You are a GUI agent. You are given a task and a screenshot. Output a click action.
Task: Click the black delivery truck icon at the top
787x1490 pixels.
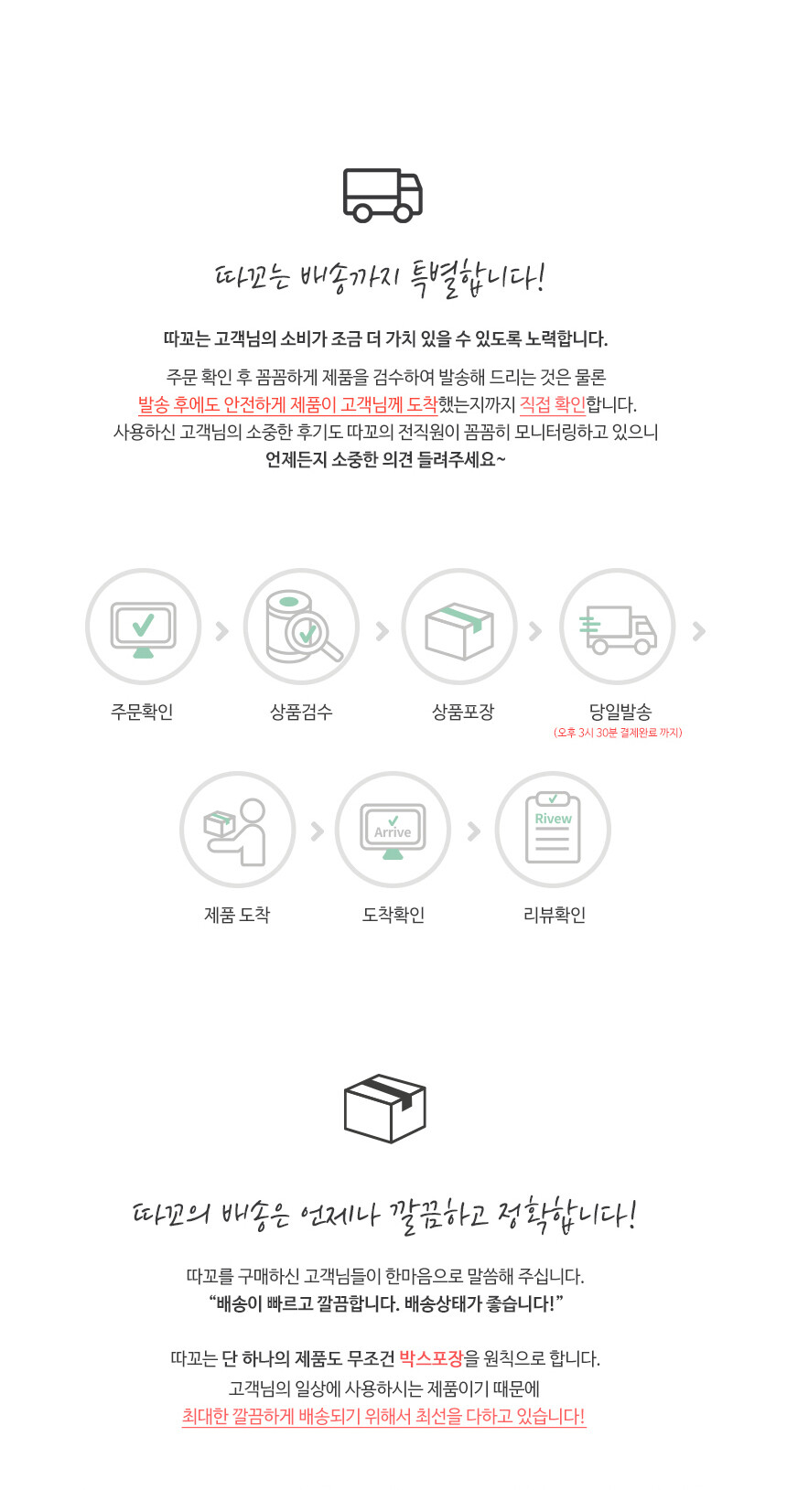[x=383, y=195]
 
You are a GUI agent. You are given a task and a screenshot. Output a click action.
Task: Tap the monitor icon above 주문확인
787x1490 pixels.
[x=143, y=629]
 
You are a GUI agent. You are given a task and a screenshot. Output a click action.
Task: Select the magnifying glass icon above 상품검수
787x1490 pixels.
[x=313, y=636]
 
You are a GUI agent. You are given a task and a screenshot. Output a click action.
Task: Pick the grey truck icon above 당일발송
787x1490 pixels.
[x=618, y=629]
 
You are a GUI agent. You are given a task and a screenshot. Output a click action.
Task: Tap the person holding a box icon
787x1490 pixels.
[x=235, y=831]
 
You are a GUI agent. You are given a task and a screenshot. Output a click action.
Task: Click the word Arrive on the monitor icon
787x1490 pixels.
[x=393, y=832]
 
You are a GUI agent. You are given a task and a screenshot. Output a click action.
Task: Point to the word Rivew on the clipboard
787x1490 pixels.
[x=553, y=819]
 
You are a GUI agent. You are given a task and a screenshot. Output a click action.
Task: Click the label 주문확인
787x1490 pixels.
[x=142, y=712]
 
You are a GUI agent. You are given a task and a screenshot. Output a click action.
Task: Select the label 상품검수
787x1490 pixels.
[x=301, y=712]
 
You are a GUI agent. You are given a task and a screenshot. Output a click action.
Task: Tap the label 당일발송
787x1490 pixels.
[x=620, y=712]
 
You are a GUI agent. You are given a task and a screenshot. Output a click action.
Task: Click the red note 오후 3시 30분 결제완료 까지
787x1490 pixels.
[x=618, y=733]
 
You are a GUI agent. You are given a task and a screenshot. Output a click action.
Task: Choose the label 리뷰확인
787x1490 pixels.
[x=555, y=915]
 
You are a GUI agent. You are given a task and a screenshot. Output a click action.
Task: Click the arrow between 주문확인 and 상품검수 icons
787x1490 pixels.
[x=222, y=630]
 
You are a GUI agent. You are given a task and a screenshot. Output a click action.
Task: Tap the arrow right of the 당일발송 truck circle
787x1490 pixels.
[x=698, y=630]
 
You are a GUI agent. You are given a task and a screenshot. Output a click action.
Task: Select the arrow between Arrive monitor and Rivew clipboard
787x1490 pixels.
[x=474, y=831]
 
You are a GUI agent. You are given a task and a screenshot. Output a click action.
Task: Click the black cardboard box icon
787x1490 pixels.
[x=384, y=1109]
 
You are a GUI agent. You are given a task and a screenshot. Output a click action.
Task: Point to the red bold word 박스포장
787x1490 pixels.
[x=430, y=1358]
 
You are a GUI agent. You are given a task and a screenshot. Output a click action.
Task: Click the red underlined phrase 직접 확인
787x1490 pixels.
[x=552, y=404]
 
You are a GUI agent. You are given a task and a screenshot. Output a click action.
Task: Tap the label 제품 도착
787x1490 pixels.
[x=237, y=915]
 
